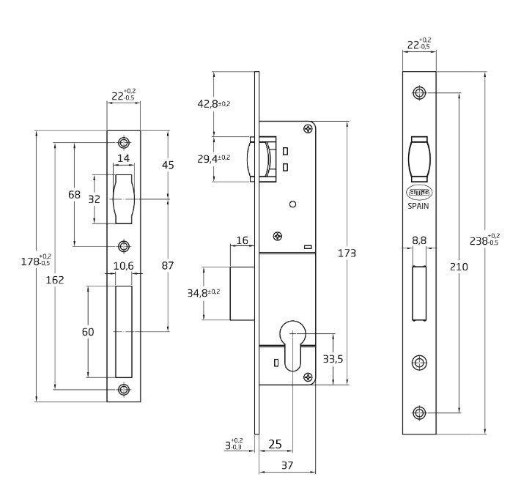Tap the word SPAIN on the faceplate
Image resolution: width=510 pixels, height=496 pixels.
(418, 207)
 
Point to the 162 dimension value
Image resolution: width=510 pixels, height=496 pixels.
(55, 279)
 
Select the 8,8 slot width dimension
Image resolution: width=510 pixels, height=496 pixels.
(419, 240)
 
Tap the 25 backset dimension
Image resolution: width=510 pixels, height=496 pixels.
(275, 444)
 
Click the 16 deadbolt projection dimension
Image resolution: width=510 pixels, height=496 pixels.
(243, 240)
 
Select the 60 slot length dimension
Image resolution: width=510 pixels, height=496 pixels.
(87, 332)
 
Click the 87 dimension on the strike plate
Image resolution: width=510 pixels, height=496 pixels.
(168, 265)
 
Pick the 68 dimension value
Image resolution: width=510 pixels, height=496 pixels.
(74, 195)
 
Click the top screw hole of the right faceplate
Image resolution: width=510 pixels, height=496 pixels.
(418, 93)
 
